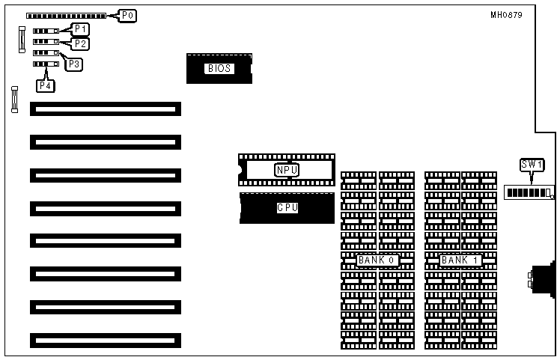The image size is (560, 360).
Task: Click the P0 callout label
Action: [127, 15]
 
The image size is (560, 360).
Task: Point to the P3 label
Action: [74, 64]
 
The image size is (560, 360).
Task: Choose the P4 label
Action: [46, 85]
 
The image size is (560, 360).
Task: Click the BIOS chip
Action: [219, 68]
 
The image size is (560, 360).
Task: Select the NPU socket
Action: [286, 170]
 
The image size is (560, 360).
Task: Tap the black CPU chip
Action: [287, 207]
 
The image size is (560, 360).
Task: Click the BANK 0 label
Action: [377, 260]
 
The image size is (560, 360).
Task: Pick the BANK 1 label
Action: [460, 260]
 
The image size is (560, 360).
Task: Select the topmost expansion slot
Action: [106, 109]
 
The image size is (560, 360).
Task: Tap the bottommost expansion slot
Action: [106, 341]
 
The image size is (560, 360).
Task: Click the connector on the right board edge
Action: [541, 278]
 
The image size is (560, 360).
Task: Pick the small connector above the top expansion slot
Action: [14, 100]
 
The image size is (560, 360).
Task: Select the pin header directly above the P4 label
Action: [45, 64]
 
